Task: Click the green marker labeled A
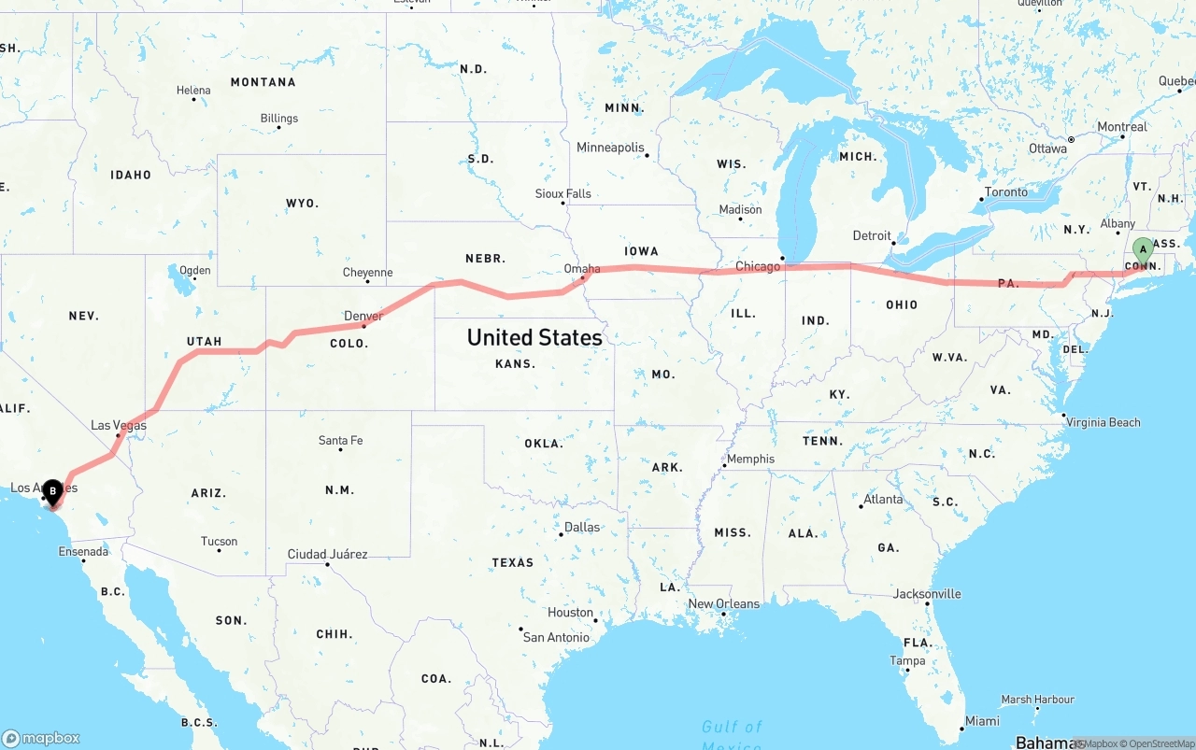pos(1143,250)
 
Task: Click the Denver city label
pos(363,316)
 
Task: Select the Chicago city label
pos(757,266)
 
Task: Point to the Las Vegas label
pos(119,425)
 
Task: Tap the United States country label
pos(534,337)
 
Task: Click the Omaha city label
pos(582,269)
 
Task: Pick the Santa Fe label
pos(340,440)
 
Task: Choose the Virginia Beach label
pos(1103,422)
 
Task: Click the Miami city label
pos(982,720)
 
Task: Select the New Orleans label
pos(724,603)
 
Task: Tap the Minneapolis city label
pos(610,148)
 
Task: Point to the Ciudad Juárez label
pos(327,554)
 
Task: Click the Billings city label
pos(279,119)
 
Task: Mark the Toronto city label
pos(1006,191)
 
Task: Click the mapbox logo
pos(41,738)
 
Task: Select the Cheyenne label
pos(367,273)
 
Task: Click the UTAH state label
pos(204,341)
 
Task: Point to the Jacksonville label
pos(927,593)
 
